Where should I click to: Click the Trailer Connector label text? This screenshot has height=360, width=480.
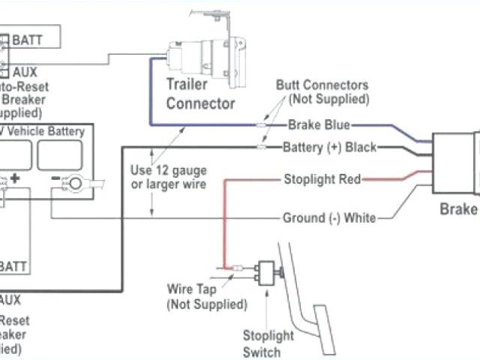point(200,94)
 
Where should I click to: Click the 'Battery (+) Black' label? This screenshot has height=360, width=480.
point(330,148)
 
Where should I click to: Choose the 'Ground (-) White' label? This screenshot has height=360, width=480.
point(328,218)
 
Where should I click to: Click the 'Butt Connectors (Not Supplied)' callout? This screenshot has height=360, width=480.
point(322,92)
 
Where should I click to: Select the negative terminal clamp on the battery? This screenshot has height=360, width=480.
point(76,182)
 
